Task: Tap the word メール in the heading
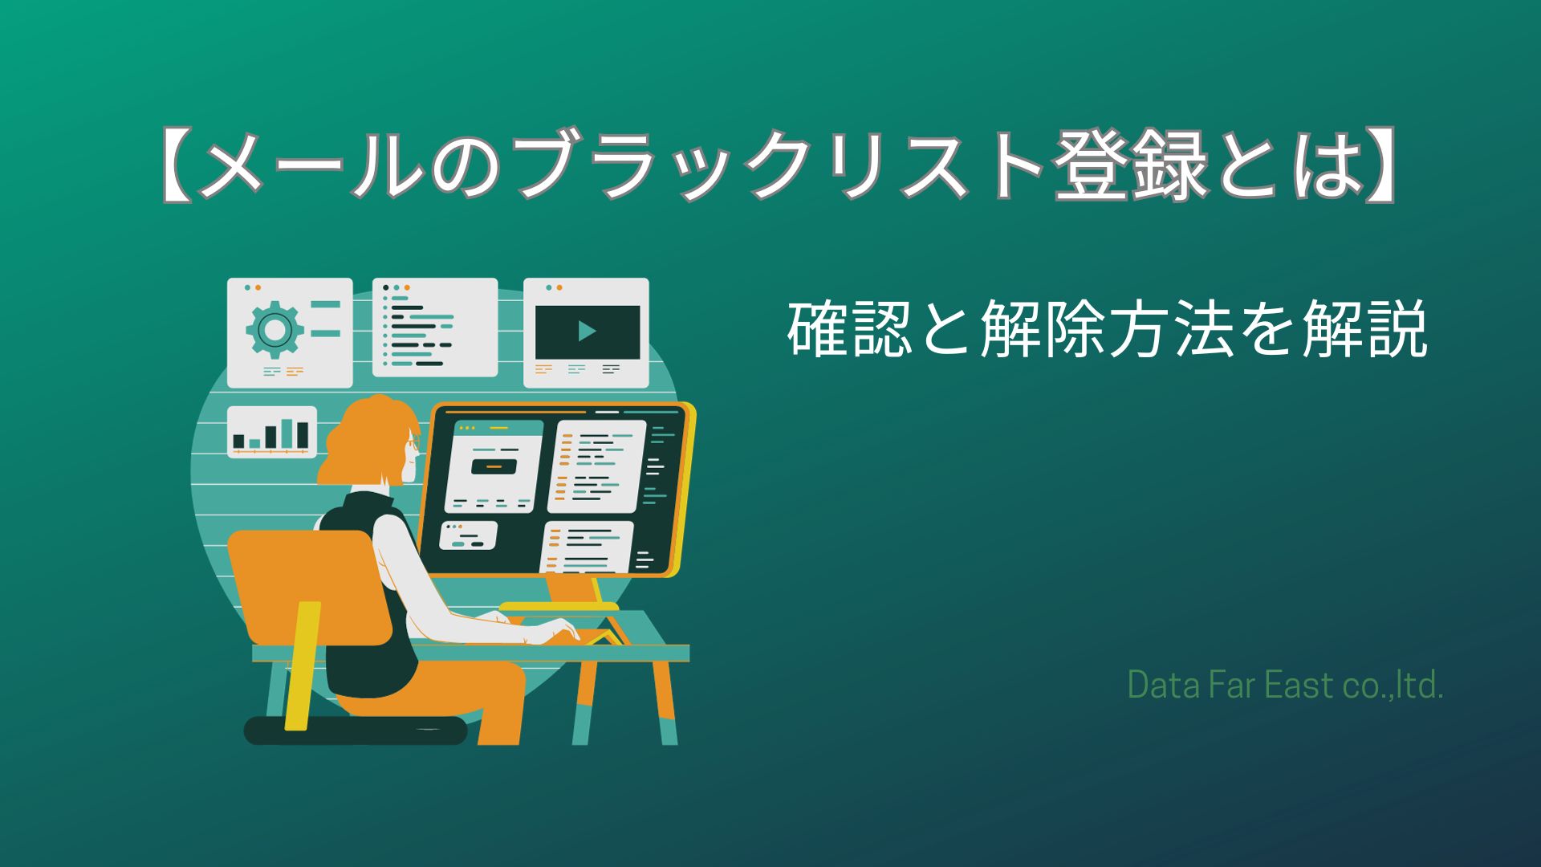[x=313, y=166]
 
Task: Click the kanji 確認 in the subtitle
[x=850, y=328]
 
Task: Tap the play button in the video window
[x=587, y=331]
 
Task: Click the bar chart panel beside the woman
[x=271, y=432]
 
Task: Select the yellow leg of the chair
[x=301, y=666]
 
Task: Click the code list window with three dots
[x=434, y=327]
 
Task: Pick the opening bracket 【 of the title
[x=175, y=166]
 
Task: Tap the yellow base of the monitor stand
[x=559, y=607]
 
